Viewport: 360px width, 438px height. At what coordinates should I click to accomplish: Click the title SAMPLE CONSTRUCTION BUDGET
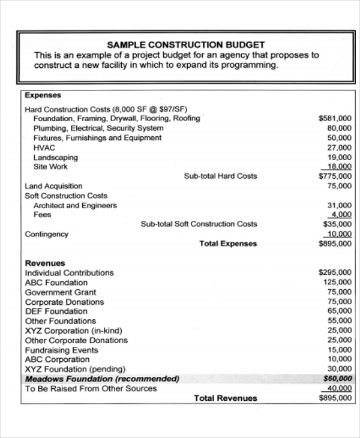(x=185, y=45)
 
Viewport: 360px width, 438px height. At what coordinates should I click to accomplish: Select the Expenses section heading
(x=43, y=95)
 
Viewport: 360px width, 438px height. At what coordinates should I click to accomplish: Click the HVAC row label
(x=44, y=148)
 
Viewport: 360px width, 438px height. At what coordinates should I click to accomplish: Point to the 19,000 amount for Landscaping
(x=340, y=157)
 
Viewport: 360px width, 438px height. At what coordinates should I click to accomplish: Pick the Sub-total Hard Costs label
(x=220, y=176)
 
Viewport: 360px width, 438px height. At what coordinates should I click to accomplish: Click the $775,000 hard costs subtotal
(x=335, y=176)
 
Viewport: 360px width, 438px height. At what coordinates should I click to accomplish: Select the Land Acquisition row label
(x=53, y=186)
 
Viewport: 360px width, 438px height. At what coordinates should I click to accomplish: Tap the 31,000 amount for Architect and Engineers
(x=340, y=205)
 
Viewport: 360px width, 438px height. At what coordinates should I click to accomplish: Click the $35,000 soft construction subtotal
(x=337, y=224)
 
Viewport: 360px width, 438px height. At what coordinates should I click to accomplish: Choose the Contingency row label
(x=46, y=234)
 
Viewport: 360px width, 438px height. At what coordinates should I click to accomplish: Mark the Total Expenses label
(x=228, y=244)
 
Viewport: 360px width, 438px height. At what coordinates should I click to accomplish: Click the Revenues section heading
(x=45, y=263)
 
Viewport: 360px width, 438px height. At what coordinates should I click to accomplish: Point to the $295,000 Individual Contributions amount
(x=335, y=272)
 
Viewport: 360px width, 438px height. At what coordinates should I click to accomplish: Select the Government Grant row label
(x=61, y=292)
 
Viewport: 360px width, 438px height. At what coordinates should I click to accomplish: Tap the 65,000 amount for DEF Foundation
(x=340, y=311)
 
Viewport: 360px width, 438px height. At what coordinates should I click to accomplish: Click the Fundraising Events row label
(x=61, y=350)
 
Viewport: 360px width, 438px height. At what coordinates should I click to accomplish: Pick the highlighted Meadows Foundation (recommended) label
(x=102, y=379)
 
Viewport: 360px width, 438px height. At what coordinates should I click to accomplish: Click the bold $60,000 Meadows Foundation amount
(x=337, y=379)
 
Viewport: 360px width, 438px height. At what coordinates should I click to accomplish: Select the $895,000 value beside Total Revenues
(x=335, y=398)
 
